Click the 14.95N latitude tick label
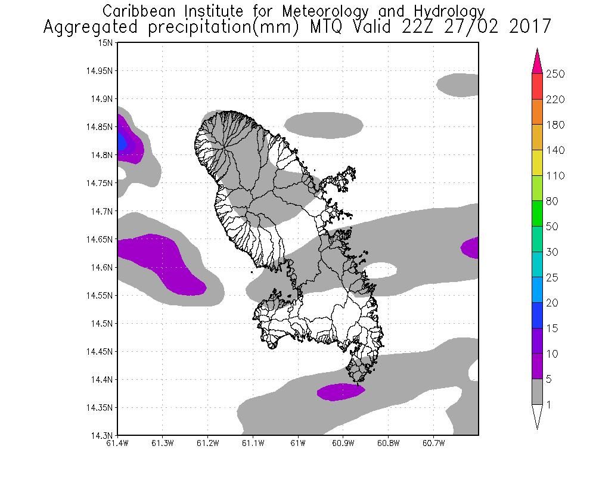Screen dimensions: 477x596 [100, 71]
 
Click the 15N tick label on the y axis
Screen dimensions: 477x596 [105, 43]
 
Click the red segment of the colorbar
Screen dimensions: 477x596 [536, 86]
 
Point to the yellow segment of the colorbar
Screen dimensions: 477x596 [536, 163]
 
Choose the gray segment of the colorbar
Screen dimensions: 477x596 [536, 392]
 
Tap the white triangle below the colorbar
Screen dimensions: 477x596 [536, 415]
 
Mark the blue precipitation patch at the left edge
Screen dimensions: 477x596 [122, 142]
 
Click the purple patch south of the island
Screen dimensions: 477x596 [340, 392]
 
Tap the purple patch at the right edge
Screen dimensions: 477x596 [471, 247]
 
